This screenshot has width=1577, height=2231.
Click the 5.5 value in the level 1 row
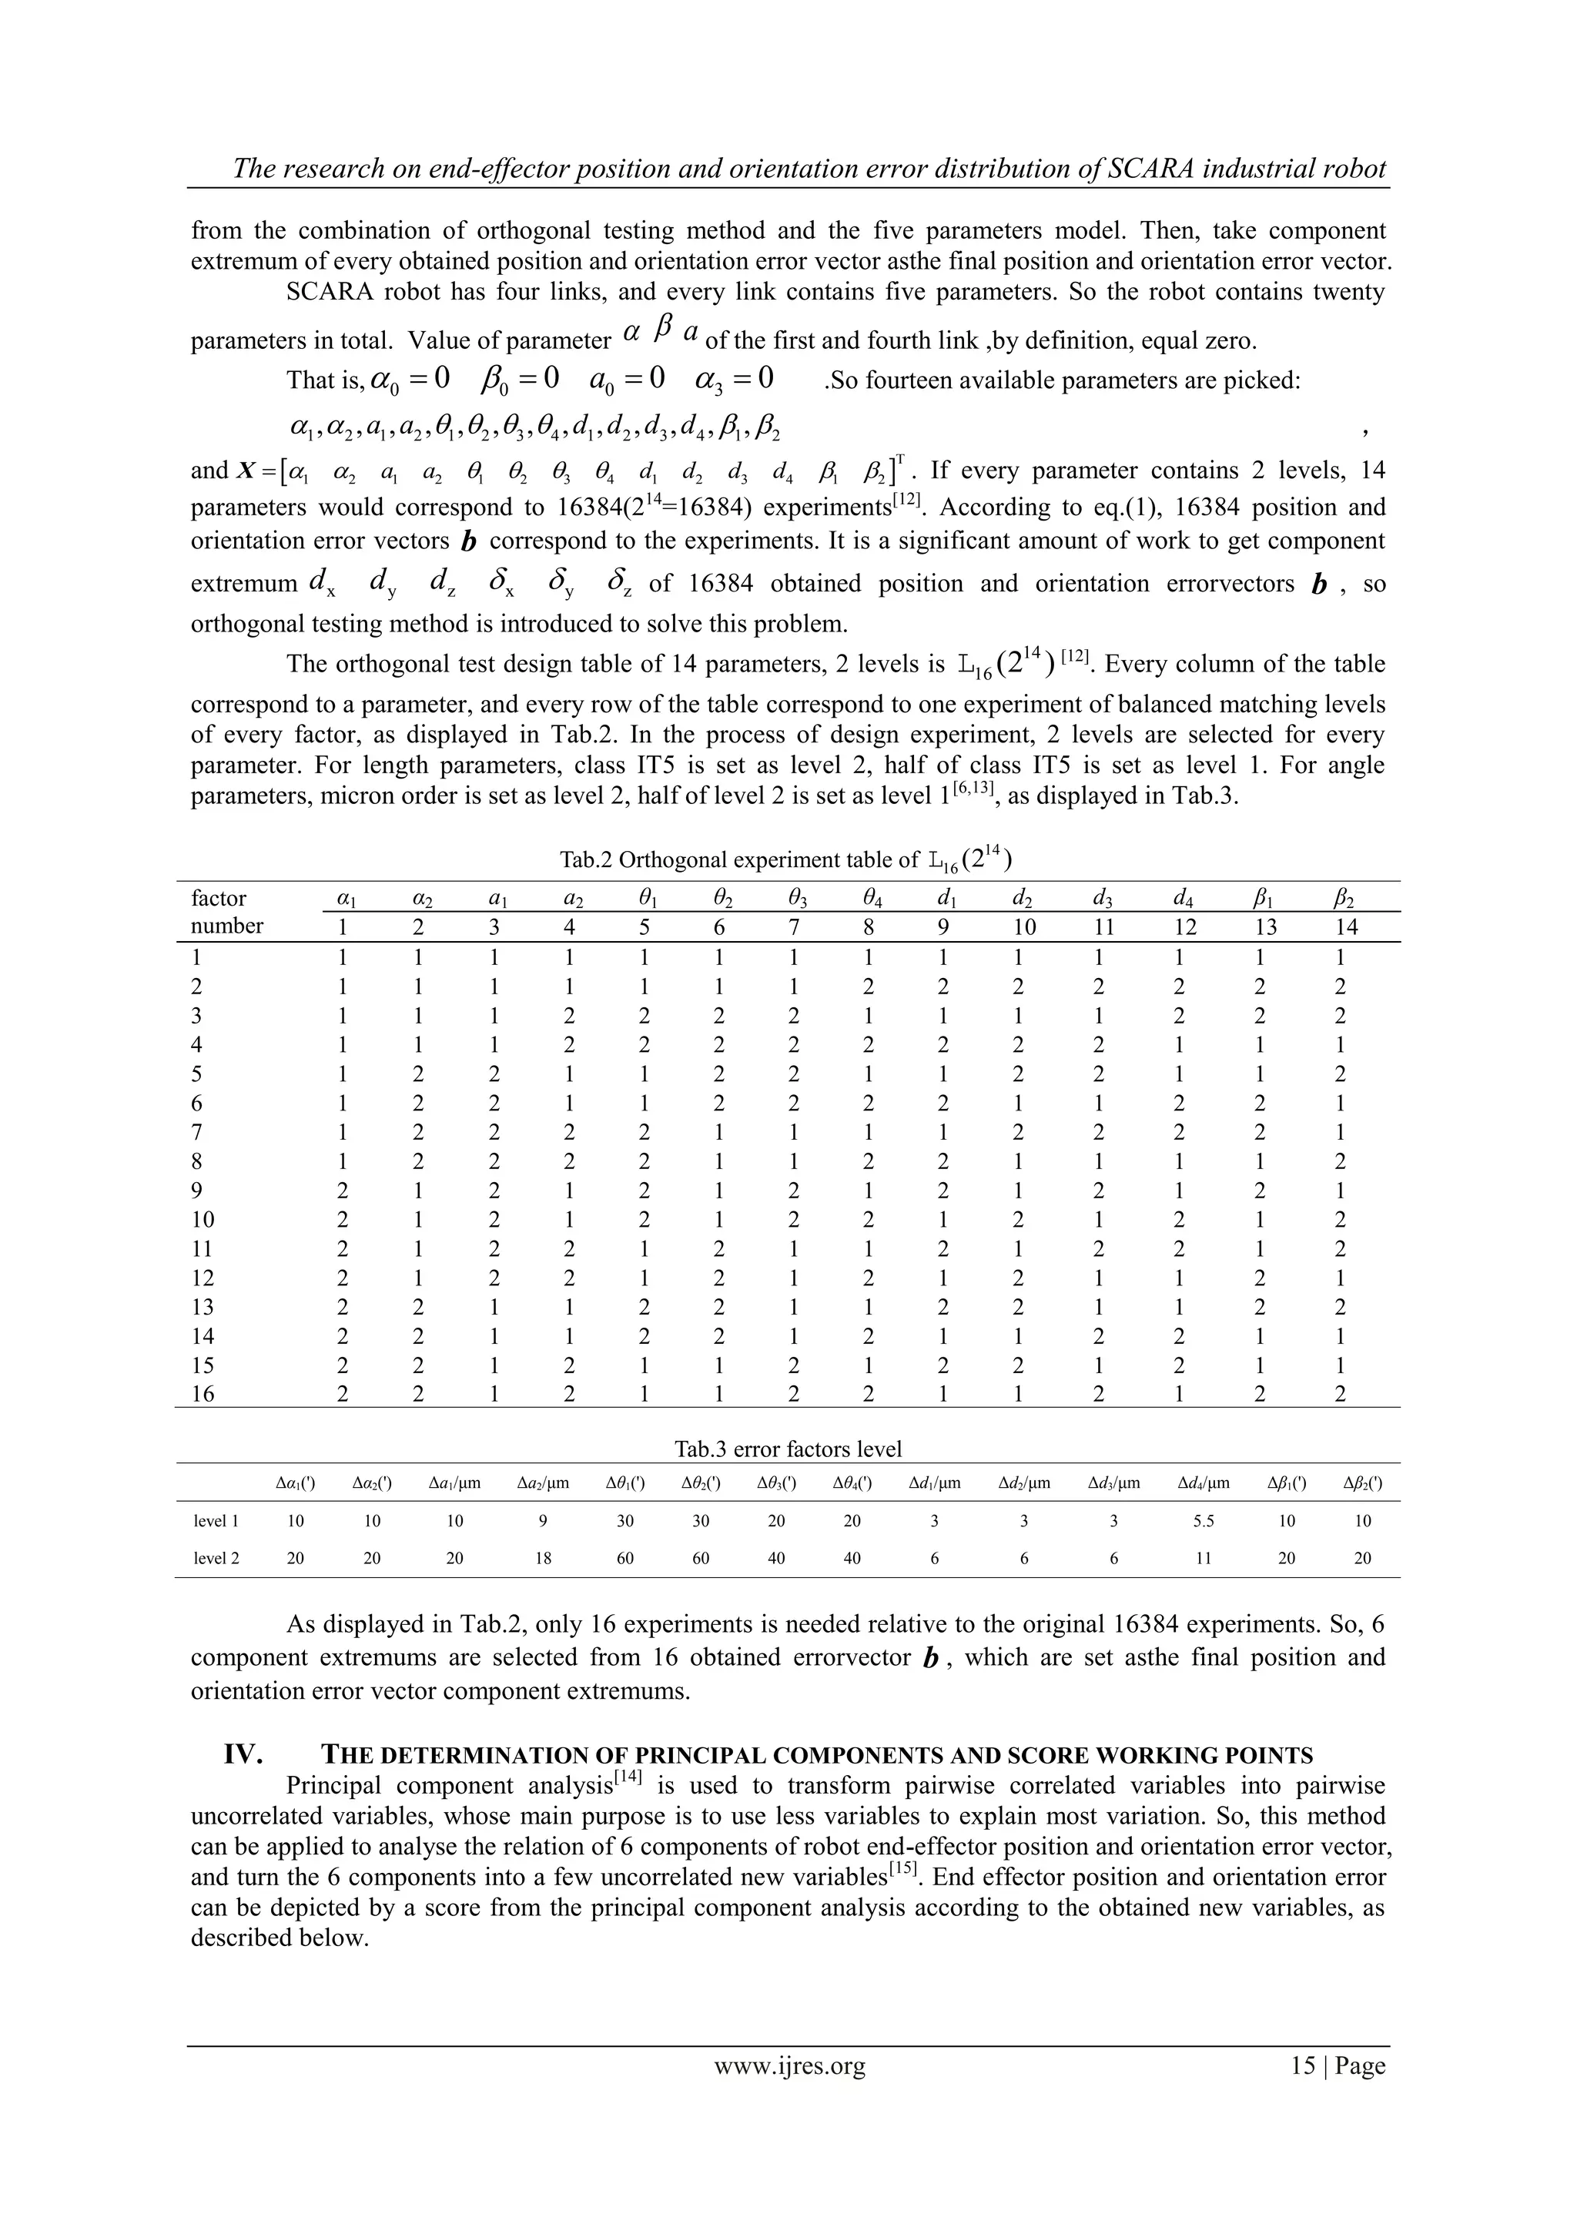[x=1203, y=1521]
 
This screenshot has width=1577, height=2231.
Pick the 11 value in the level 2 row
[x=1203, y=1558]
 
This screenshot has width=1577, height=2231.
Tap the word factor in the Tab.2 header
[x=219, y=898]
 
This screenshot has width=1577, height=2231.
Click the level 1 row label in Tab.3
[x=216, y=1521]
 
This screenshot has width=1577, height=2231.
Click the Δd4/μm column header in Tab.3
[x=1203, y=1484]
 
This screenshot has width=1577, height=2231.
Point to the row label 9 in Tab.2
[x=197, y=1191]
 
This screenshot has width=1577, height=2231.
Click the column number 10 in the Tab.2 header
[x=1024, y=927]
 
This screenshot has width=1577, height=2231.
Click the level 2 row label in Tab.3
[x=216, y=1558]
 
